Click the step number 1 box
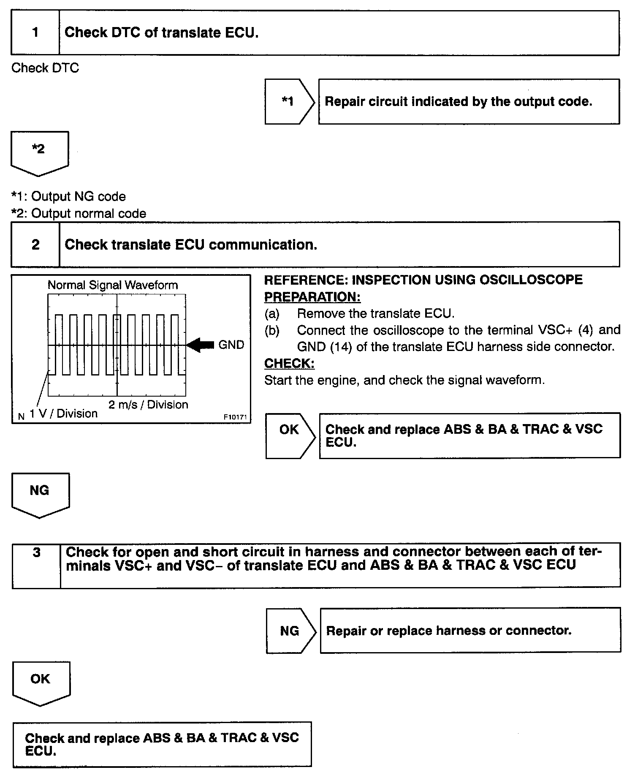pyautogui.click(x=35, y=33)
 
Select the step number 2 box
pyautogui.click(x=35, y=245)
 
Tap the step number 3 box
pyautogui.click(x=37, y=565)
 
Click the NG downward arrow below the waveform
pyautogui.click(x=40, y=493)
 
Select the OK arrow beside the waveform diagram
pyautogui.click(x=290, y=435)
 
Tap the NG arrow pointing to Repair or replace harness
pyautogui.click(x=290, y=631)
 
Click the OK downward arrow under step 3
pyautogui.click(x=41, y=682)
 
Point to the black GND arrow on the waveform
pyautogui.click(x=201, y=345)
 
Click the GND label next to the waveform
pyautogui.click(x=231, y=345)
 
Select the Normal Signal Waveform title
pyautogui.click(x=113, y=285)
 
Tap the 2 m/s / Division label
pyautogui.click(x=148, y=405)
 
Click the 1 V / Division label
pyautogui.click(x=63, y=413)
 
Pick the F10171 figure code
pyautogui.click(x=235, y=417)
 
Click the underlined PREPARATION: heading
pyautogui.click(x=312, y=297)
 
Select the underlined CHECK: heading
pyautogui.click(x=289, y=363)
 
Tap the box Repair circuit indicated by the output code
pyautogui.click(x=469, y=101)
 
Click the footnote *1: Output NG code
pyautogui.click(x=68, y=196)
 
